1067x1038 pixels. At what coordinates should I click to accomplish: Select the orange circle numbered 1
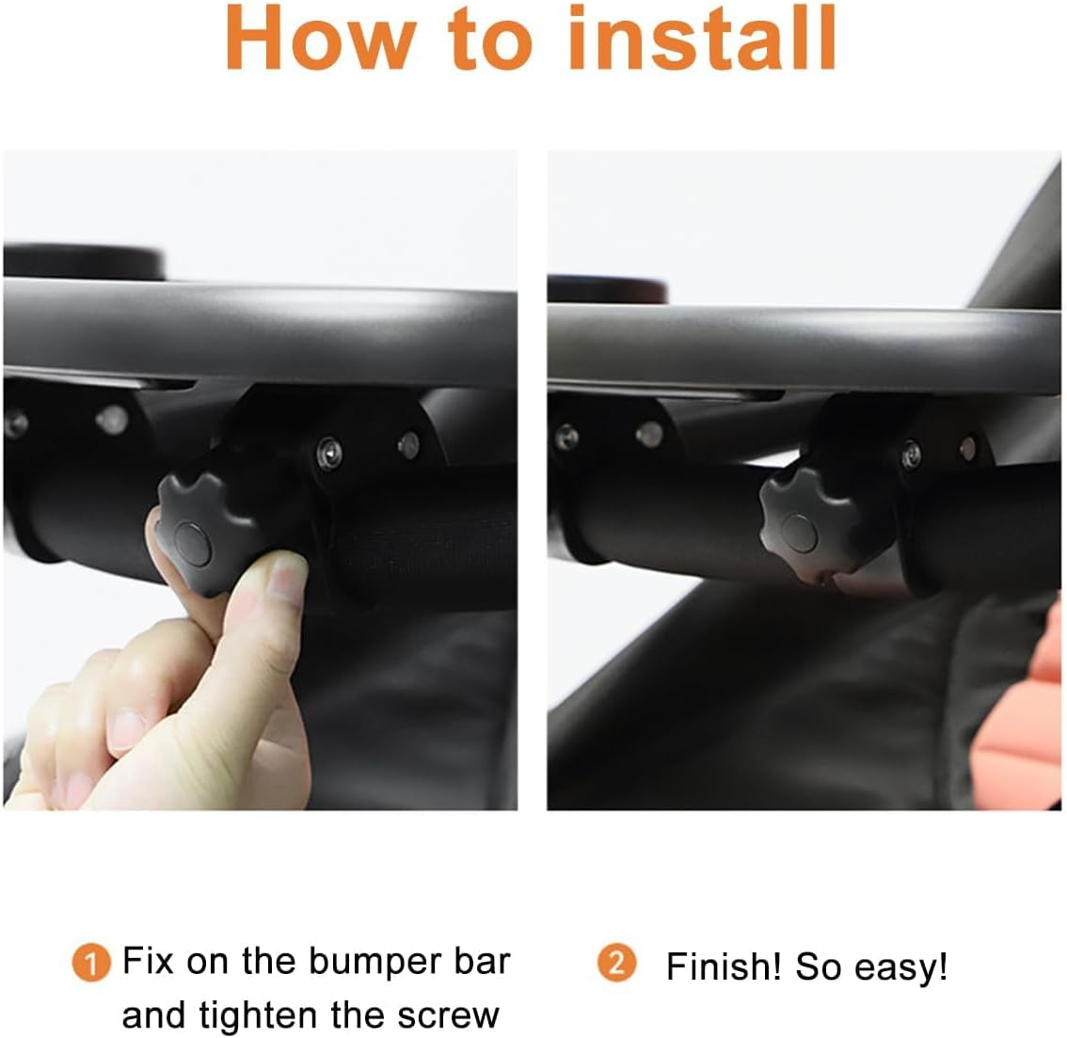coord(91,965)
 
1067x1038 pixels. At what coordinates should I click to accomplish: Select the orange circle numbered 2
coord(617,964)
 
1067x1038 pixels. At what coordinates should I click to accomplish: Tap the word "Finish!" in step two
coord(724,966)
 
